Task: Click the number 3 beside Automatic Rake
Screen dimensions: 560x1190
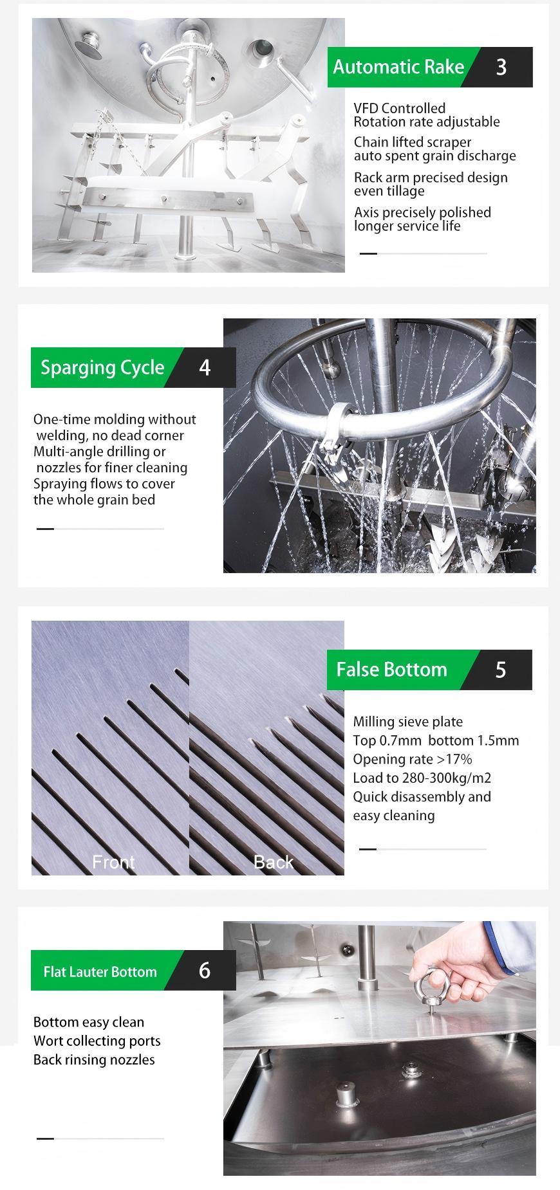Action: (501, 67)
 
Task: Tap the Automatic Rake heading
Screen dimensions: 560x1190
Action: (398, 67)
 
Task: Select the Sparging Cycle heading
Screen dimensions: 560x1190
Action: (102, 367)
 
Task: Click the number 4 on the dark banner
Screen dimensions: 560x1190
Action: (205, 367)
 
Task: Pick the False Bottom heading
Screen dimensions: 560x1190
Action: (391, 670)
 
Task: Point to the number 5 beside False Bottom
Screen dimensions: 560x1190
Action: (501, 670)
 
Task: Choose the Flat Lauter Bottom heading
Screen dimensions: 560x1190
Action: (100, 971)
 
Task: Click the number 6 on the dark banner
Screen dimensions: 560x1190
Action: (205, 970)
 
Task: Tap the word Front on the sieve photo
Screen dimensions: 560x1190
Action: (113, 862)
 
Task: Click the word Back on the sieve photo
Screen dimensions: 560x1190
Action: (274, 862)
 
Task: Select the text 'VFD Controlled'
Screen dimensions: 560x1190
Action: (399, 108)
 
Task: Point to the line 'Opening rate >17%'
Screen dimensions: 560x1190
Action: (413, 759)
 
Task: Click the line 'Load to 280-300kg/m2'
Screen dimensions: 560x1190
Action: (422, 778)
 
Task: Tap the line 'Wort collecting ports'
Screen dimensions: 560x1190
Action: (97, 1041)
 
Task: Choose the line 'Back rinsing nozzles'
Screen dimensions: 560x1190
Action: (94, 1059)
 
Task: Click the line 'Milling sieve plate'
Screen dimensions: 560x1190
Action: (407, 722)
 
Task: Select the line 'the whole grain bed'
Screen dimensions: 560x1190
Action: (94, 500)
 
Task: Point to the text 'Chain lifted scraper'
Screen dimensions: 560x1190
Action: (412, 142)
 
